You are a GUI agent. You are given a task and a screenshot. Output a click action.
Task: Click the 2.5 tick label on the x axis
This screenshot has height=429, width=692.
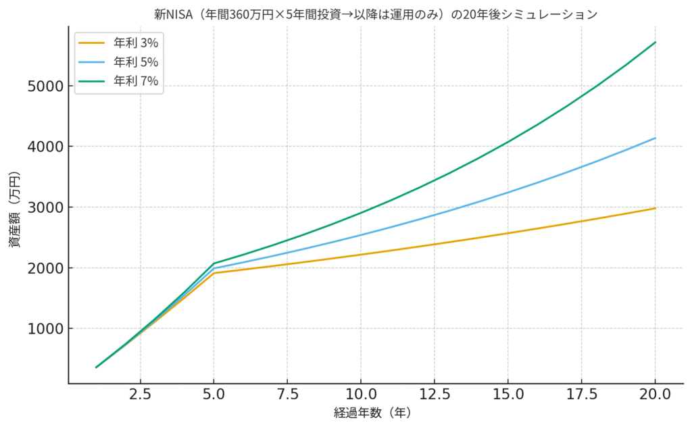point(141,394)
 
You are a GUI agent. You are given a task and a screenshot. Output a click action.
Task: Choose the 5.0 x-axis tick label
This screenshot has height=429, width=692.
point(214,394)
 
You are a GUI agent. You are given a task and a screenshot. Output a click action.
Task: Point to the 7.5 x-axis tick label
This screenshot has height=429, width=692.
point(287,394)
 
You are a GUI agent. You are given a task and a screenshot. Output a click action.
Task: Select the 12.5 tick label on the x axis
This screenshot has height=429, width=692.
point(435,394)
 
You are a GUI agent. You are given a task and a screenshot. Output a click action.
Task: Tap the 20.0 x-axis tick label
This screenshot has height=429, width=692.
point(656,394)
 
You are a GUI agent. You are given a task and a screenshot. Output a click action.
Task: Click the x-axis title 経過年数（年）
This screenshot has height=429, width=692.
point(372,412)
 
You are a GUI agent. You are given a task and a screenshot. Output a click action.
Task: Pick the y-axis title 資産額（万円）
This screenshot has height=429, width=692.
point(14,209)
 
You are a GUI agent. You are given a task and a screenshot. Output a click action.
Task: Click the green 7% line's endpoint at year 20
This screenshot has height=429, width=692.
point(656,43)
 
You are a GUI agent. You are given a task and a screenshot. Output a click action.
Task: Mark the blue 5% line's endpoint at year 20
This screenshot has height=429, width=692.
point(656,138)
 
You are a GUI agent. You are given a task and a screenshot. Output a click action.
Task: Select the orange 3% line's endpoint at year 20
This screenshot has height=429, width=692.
point(656,208)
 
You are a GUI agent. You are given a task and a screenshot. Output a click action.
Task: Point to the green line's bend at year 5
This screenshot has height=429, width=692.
point(214,263)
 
